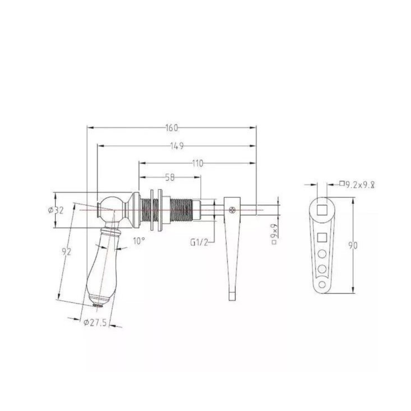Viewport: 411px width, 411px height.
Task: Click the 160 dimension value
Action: (x=172, y=128)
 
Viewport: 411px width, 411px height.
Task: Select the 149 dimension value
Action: (x=177, y=146)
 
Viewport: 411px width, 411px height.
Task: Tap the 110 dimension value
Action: (x=197, y=164)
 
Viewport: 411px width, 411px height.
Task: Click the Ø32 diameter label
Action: (x=56, y=211)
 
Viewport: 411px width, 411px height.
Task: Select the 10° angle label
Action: (x=139, y=241)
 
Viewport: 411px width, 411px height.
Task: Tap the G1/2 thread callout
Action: (x=199, y=243)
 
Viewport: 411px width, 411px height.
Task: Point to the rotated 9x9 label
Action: (x=275, y=234)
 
